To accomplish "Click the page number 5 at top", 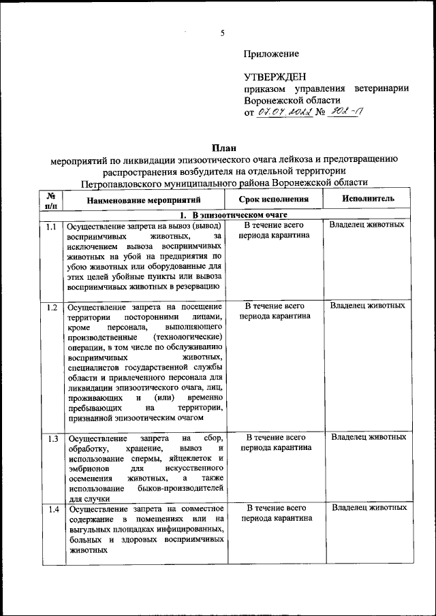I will point(223,33).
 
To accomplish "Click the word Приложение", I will point(271,54).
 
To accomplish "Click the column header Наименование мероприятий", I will point(144,200).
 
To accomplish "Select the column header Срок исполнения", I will point(275,199).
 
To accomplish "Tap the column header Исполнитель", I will point(368,199).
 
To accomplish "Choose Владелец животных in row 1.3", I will point(369,437).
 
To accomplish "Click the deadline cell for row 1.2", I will point(275,311).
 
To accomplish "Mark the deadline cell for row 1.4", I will point(276,513).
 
